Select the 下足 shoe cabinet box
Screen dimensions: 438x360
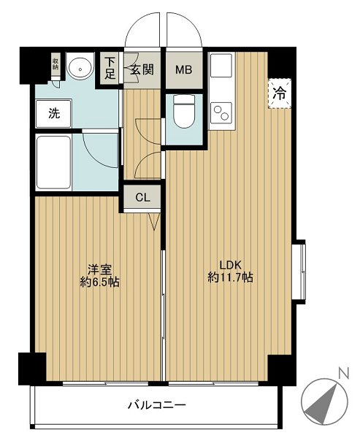coord(110,68)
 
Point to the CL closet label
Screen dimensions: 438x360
coord(142,197)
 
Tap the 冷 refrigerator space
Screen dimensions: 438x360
coord(279,93)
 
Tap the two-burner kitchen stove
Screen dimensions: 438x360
coord(220,114)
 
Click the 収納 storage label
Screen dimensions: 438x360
coord(55,64)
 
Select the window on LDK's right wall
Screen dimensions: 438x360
coord(300,269)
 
